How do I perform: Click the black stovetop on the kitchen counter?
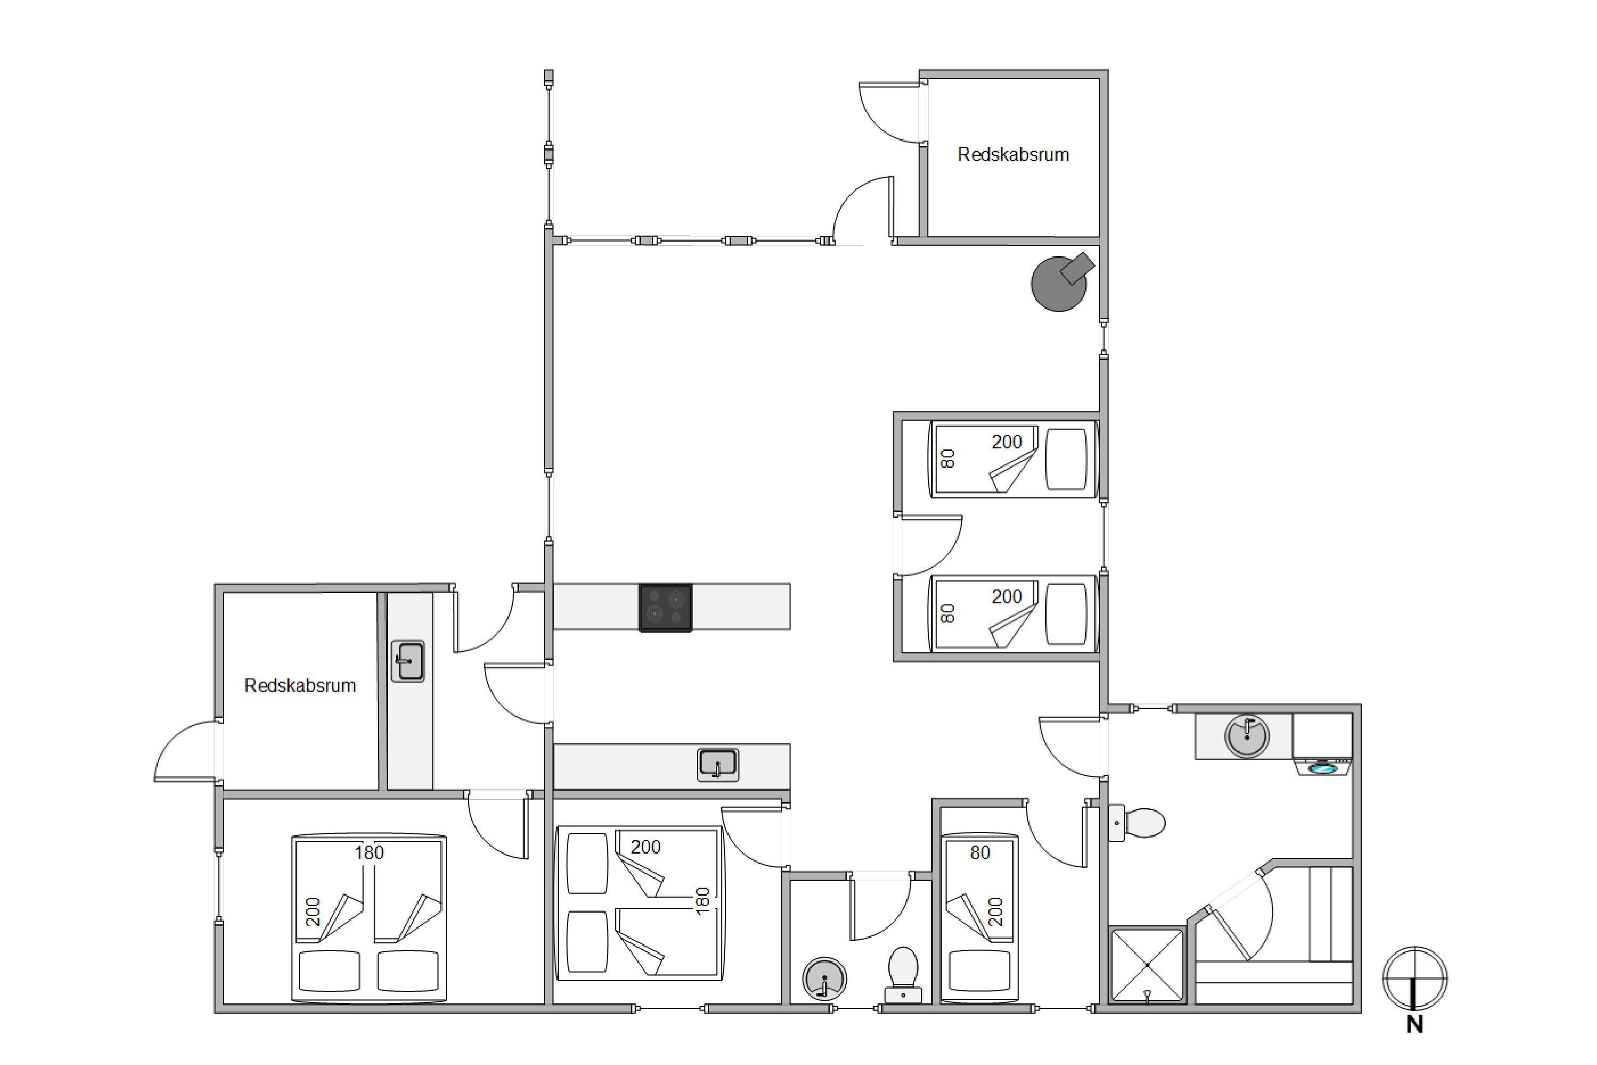pyautogui.click(x=665, y=607)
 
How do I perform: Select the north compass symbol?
pyautogui.click(x=1414, y=979)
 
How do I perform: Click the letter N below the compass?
pyautogui.click(x=1414, y=1025)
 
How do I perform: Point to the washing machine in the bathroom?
pyautogui.click(x=1322, y=744)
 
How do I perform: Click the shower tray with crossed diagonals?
pyautogui.click(x=1147, y=965)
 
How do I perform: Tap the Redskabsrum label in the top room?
pyautogui.click(x=1013, y=155)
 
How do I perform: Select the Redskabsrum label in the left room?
pyautogui.click(x=300, y=685)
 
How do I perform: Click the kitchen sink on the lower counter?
pyautogui.click(x=718, y=765)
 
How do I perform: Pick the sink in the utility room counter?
pyautogui.click(x=408, y=661)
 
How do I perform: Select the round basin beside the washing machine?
pyautogui.click(x=1247, y=735)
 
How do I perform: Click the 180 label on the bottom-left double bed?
pyautogui.click(x=369, y=853)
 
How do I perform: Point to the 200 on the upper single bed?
pyautogui.click(x=1006, y=442)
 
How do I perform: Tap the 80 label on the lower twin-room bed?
pyautogui.click(x=948, y=613)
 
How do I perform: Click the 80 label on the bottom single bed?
pyautogui.click(x=980, y=853)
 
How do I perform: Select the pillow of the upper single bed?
pyautogui.click(x=1066, y=458)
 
